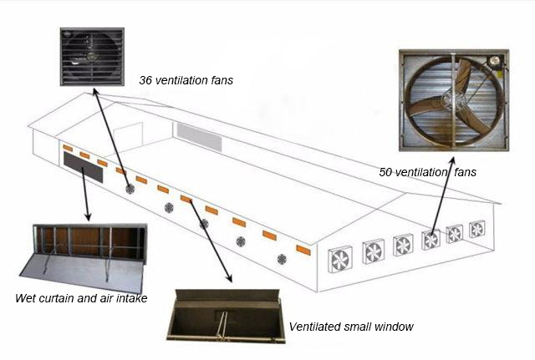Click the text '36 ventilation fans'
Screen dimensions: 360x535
pyautogui.click(x=186, y=81)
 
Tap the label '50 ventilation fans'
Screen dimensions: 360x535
pyautogui.click(x=426, y=172)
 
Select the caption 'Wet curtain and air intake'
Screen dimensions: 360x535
pyautogui.click(x=81, y=298)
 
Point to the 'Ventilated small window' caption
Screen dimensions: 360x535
pyautogui.click(x=350, y=327)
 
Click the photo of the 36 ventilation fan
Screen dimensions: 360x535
pyautogui.click(x=92, y=58)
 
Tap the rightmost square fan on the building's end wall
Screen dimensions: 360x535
pyautogui.click(x=477, y=229)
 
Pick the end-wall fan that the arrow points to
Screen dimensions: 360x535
pyautogui.click(x=431, y=240)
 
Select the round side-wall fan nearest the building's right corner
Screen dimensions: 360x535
pyautogui.click(x=280, y=253)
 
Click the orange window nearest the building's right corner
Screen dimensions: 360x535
pyautogui.click(x=303, y=251)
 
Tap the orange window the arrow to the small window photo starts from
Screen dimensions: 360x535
pyautogui.click(x=186, y=199)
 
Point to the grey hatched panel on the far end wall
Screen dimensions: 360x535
pyautogui.click(x=198, y=136)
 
